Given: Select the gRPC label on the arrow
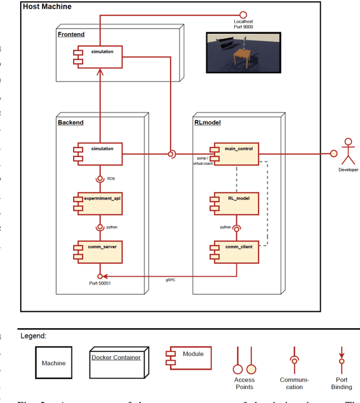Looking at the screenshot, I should (170, 280).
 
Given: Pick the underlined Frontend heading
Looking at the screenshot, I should (71, 34).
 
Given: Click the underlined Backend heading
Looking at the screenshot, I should (70, 122).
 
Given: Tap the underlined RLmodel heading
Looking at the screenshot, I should (206, 122).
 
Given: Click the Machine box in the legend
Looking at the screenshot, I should (53, 363).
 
